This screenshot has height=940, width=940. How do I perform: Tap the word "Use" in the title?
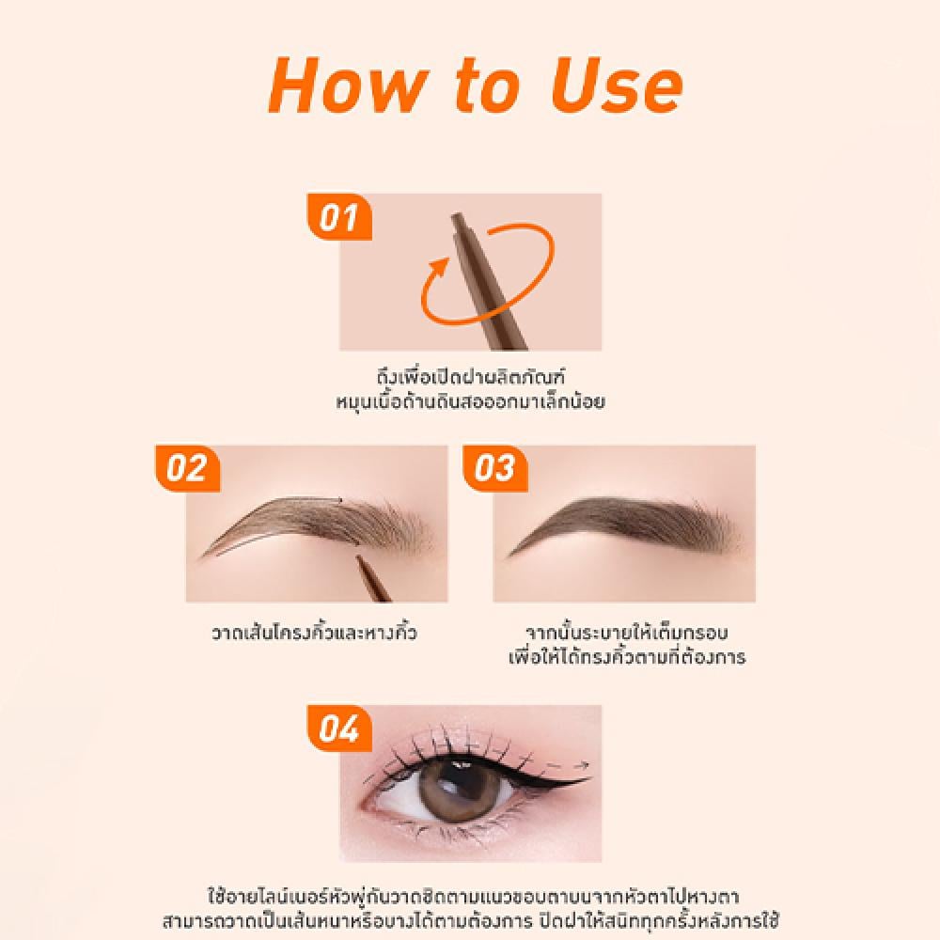coord(617,86)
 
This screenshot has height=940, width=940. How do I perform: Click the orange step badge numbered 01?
coord(339,216)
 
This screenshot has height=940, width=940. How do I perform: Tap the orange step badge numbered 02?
coord(188,468)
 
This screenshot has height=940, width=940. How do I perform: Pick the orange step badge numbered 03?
coord(495,468)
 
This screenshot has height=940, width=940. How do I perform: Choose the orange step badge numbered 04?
coord(339,728)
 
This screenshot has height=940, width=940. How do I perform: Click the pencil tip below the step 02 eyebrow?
coord(358,557)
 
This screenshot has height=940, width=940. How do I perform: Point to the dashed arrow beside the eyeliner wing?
coord(567,765)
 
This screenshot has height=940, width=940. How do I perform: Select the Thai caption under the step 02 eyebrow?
coord(314,633)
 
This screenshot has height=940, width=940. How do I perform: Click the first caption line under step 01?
coord(471,377)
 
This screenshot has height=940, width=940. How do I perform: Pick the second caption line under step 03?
coord(627,656)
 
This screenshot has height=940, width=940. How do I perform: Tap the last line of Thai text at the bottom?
coord(471,920)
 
